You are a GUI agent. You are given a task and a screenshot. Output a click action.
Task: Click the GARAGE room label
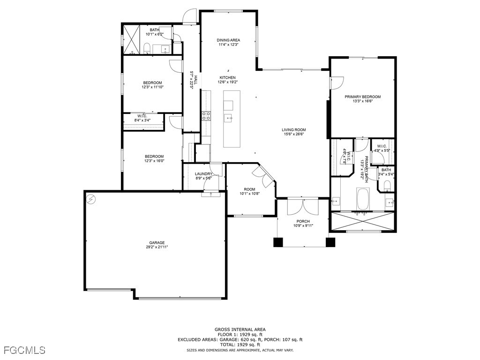(x=157, y=243)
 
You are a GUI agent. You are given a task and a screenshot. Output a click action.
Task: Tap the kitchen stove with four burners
(x=206, y=115)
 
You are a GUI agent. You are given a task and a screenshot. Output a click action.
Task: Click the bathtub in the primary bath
(x=363, y=199)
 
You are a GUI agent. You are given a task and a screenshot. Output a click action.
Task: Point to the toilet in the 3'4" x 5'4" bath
(x=387, y=187)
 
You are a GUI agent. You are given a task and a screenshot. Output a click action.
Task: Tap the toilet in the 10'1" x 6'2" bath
(x=147, y=48)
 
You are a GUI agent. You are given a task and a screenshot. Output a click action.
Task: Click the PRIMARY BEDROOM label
(x=362, y=97)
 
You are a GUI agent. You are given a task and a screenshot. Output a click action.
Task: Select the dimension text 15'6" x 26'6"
(x=293, y=135)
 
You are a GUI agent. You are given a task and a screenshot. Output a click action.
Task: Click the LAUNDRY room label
(x=203, y=174)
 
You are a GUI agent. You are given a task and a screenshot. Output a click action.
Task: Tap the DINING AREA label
(x=228, y=40)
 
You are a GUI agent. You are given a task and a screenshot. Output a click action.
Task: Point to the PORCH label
(x=303, y=221)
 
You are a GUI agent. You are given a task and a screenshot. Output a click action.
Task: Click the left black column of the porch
(x=278, y=242)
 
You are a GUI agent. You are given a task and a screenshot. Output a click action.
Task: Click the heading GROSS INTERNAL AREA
(x=240, y=330)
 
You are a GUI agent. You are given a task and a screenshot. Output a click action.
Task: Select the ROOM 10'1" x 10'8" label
(x=249, y=189)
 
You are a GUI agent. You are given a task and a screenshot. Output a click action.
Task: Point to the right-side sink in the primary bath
(x=390, y=202)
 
